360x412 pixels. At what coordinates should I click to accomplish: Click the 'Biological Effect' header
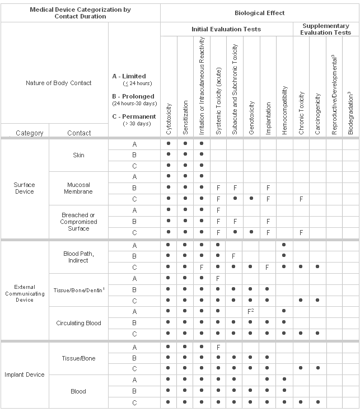pyautogui.click(x=260, y=13)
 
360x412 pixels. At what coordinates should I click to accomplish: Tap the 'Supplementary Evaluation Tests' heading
pyautogui.click(x=326, y=29)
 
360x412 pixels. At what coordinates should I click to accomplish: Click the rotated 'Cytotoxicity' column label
pyautogui.click(x=169, y=118)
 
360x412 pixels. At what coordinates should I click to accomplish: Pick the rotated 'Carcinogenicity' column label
pyautogui.click(x=317, y=112)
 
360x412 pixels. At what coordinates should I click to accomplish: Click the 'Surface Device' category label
pyautogui.click(x=25, y=188)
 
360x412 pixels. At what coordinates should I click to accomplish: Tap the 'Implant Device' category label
pyautogui.click(x=25, y=374)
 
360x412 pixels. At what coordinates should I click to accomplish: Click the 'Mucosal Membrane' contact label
pyautogui.click(x=78, y=188)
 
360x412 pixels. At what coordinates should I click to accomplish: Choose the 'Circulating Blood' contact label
pyautogui.click(x=78, y=323)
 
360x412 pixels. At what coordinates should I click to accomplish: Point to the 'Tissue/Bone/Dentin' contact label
pyautogui.click(x=78, y=289)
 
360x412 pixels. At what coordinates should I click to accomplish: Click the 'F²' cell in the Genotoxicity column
pyautogui.click(x=251, y=311)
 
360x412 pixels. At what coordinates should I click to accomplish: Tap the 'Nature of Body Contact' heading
pyautogui.click(x=59, y=83)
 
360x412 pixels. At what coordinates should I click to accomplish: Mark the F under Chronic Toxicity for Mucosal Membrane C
pyautogui.click(x=301, y=199)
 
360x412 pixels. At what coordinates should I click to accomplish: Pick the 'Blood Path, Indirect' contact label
pyautogui.click(x=78, y=256)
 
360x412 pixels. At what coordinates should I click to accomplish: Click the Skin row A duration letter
pyautogui.click(x=134, y=144)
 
